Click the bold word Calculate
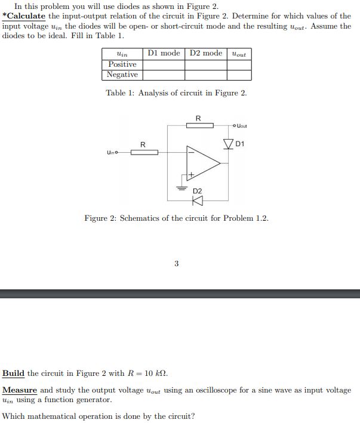[25, 16]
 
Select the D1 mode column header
[164, 53]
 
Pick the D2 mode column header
[206, 53]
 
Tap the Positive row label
[122, 64]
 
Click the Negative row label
[122, 75]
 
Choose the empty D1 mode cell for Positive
[164, 64]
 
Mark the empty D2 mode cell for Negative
[206, 75]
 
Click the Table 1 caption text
[176, 93]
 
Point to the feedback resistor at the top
[198, 125]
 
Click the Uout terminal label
[242, 126]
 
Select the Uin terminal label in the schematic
[111, 153]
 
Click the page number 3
[176, 263]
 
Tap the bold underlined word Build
[14, 373]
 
